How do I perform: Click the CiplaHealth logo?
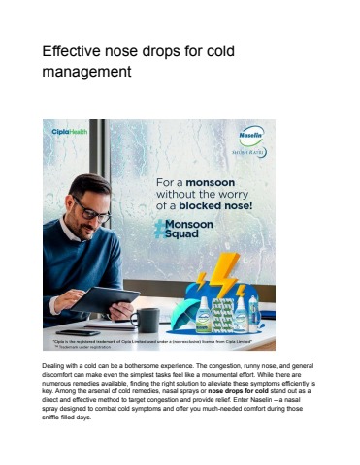pyautogui.click(x=71, y=133)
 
